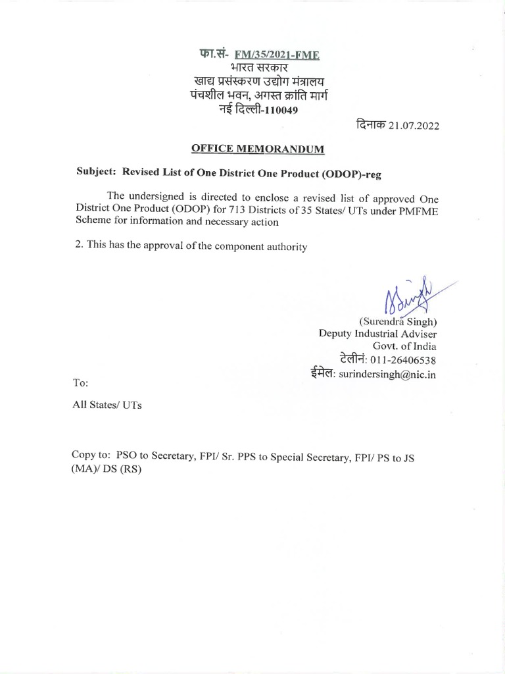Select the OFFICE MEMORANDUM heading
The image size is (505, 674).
[x=258, y=149]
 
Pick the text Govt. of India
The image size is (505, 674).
[x=404, y=347]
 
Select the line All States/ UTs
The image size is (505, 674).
[x=107, y=405]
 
